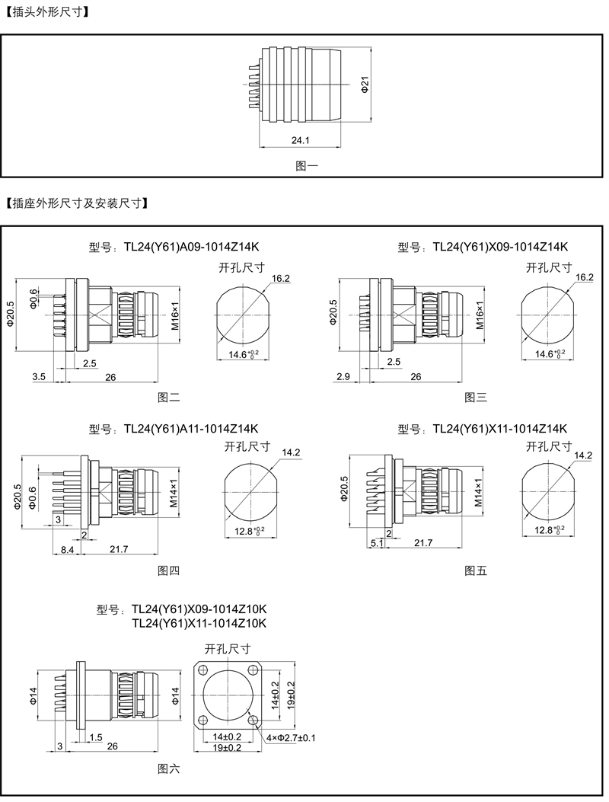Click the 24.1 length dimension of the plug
coord(300,140)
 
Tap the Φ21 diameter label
coord(365,85)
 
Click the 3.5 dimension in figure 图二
coord(40,376)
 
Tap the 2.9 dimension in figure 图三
coord(343,376)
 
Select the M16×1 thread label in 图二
coord(174,315)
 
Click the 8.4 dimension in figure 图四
coord(67,548)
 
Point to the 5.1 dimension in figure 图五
coord(376,542)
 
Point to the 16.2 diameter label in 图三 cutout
coord(585,277)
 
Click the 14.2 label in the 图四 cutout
coord(291,452)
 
